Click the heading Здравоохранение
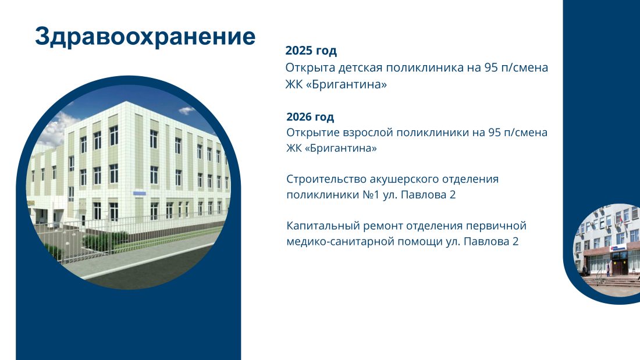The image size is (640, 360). (x=145, y=37)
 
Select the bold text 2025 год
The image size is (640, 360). (x=311, y=51)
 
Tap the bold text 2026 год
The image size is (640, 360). (x=310, y=117)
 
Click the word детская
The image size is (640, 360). (x=360, y=68)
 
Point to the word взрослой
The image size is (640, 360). (x=368, y=133)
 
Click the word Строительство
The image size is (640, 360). (x=326, y=179)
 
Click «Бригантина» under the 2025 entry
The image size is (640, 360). (x=346, y=85)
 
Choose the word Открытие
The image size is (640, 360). (x=313, y=133)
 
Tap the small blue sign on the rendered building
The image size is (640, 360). (x=139, y=193)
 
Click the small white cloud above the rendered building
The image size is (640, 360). (x=187, y=110)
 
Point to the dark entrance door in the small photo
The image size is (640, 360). (x=620, y=265)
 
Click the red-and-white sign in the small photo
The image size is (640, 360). (x=617, y=248)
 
